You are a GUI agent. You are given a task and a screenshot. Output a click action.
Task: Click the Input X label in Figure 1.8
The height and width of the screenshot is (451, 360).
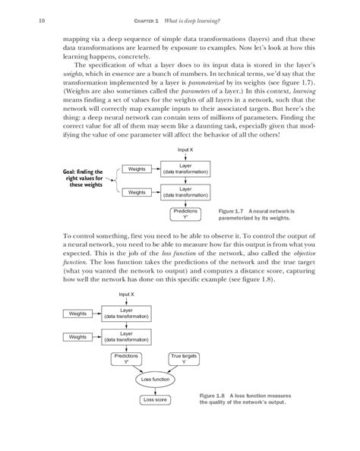[x=127, y=294]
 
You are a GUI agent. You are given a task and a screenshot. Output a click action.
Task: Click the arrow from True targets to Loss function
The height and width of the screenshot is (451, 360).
[x=174, y=369]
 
